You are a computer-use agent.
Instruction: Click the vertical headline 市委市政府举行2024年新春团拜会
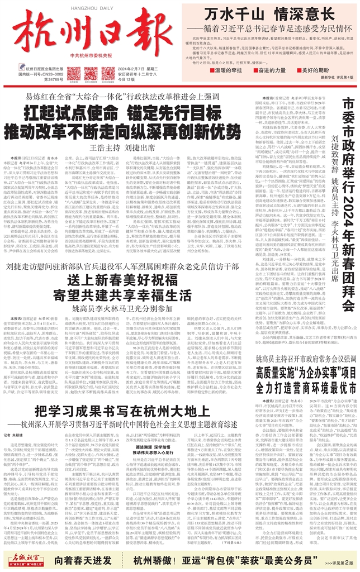pos(348,201)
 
